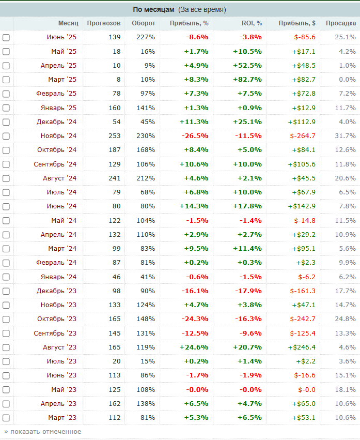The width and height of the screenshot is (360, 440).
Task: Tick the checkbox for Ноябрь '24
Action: (6, 136)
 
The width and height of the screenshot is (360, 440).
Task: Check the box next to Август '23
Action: (6, 347)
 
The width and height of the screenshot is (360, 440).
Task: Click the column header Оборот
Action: (143, 23)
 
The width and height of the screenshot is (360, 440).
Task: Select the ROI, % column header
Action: (252, 23)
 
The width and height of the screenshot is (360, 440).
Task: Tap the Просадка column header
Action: (341, 23)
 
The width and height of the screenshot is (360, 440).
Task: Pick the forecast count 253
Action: (114, 136)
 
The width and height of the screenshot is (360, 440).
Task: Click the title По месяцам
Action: (154, 9)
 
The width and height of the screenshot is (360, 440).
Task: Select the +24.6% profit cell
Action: (194, 347)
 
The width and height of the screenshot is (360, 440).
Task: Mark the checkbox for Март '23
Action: (6, 417)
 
